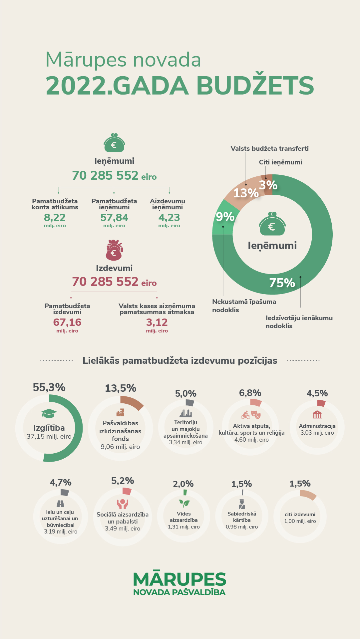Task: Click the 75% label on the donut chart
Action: [x=282, y=283]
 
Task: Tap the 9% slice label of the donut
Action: [x=225, y=217]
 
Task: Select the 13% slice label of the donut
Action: [x=246, y=193]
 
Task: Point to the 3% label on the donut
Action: [x=268, y=185]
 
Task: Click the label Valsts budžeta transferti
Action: [x=269, y=148]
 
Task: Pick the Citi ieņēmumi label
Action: [x=280, y=162]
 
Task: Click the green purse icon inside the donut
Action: [x=272, y=224]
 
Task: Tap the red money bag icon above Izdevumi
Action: [x=114, y=250]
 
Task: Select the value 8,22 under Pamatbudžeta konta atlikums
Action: [x=55, y=217]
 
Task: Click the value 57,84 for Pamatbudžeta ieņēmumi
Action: [x=114, y=217]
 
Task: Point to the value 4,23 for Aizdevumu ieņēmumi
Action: [x=169, y=217]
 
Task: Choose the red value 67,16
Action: [x=67, y=322]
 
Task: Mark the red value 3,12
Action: [x=157, y=322]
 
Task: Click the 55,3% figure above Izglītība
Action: [x=49, y=387]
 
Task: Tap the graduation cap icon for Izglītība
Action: [x=49, y=413]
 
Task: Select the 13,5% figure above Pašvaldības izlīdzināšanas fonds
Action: [x=121, y=388]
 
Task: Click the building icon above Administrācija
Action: [x=317, y=414]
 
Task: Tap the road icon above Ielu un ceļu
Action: [x=60, y=504]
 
